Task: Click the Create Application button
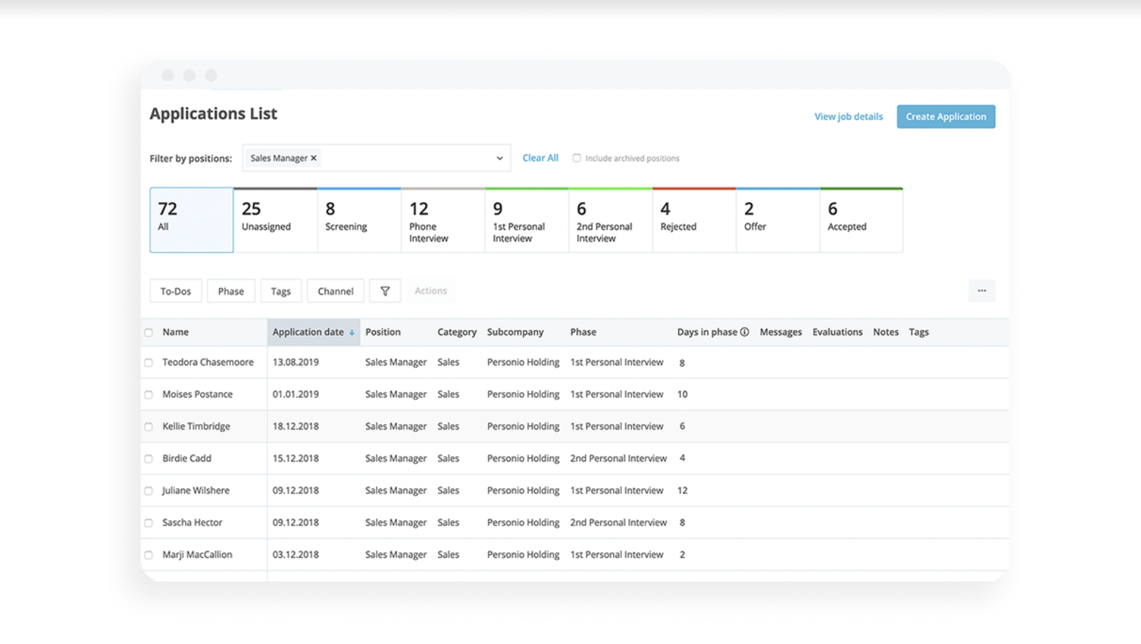click(946, 116)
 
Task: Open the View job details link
click(848, 116)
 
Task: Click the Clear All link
click(540, 158)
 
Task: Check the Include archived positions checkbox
click(577, 158)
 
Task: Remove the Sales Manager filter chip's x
click(314, 158)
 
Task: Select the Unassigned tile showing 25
click(275, 220)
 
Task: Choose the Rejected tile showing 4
click(693, 220)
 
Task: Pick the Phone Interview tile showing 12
click(443, 220)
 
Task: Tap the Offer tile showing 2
click(777, 220)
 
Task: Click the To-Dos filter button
click(176, 291)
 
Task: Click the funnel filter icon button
click(385, 291)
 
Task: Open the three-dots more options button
click(981, 291)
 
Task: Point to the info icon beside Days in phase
click(744, 332)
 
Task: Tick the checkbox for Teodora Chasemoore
click(149, 363)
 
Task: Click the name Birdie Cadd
click(187, 458)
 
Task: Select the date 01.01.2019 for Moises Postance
click(296, 394)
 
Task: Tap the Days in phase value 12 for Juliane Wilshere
click(682, 491)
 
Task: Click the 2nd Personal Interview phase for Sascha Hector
click(618, 522)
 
